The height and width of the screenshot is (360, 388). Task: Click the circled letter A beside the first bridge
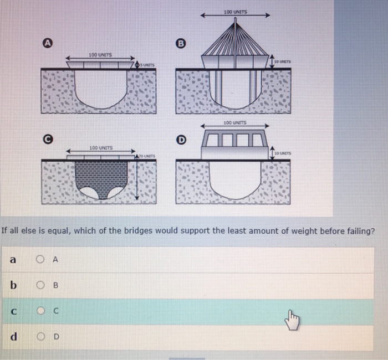48,42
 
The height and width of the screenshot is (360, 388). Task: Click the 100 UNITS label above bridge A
100,55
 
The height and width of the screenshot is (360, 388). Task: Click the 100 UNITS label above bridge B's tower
236,12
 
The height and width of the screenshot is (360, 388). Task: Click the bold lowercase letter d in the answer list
12,337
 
